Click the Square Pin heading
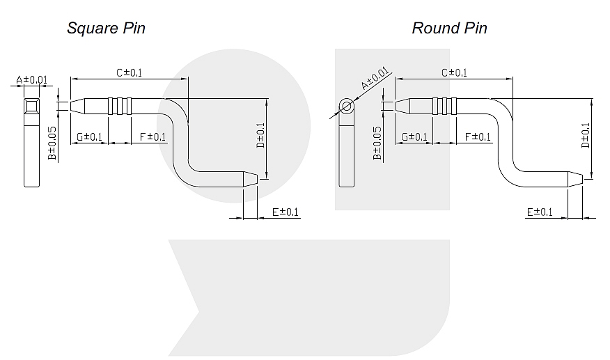point(106,29)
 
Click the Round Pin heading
point(449,29)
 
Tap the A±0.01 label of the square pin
point(32,80)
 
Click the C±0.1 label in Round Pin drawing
point(455,72)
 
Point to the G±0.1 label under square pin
point(90,136)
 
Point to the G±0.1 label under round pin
point(415,136)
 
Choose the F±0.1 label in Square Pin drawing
point(152,136)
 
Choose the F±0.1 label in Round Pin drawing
point(478,136)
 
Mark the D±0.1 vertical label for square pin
point(260,136)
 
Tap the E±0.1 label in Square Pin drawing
point(284,212)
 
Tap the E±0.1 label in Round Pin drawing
point(540,212)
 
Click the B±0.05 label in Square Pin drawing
point(52,143)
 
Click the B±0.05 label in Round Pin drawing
point(377,143)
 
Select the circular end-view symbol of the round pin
point(346,106)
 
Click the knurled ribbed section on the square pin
point(119,106)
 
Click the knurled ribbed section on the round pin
point(444,106)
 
